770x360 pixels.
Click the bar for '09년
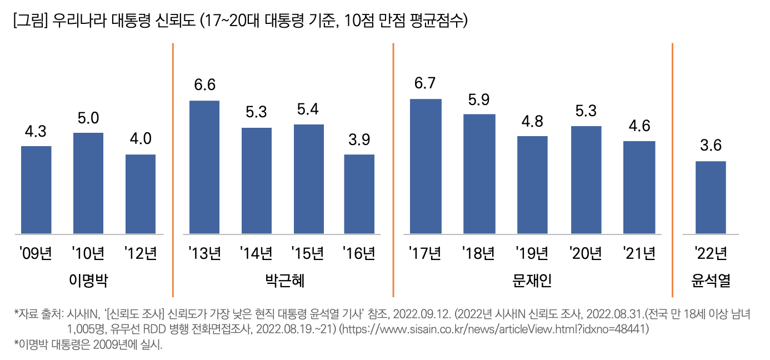[36, 190]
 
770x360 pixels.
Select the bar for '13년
[204, 167]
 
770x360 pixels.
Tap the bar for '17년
[426, 166]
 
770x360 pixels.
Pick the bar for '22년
[711, 197]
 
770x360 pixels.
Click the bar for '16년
[359, 194]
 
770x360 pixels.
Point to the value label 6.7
[425, 83]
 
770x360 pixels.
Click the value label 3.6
[711, 146]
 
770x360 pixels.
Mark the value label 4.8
[532, 121]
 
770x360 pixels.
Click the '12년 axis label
[141, 254]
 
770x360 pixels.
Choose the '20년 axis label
[586, 254]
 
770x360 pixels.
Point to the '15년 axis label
[308, 254]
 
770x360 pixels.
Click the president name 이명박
[88, 281]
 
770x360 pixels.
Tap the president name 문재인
[532, 281]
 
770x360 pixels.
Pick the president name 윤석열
[711, 281]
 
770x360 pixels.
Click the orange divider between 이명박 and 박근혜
[173, 169]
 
